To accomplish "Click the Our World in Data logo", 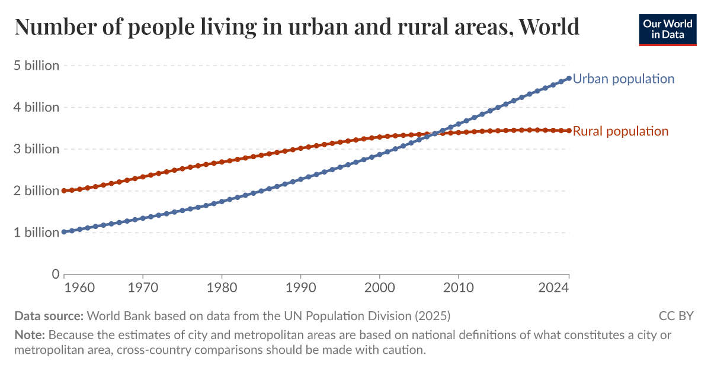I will click(x=667, y=29).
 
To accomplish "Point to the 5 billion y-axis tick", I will click(x=37, y=66).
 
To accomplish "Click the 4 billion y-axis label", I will click(x=37, y=108).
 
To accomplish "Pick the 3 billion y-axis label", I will click(x=37, y=149).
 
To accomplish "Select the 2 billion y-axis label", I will click(x=37, y=191).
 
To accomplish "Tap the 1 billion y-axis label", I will click(x=37, y=233).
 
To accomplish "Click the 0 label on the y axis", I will click(x=56, y=274).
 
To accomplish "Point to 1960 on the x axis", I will click(x=79, y=288).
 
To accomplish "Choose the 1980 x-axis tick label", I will click(x=222, y=288).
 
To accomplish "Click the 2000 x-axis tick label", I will click(x=379, y=288).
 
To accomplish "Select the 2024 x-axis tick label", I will click(x=555, y=288).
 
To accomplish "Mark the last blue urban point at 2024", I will click(x=569, y=78).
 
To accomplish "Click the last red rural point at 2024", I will click(x=569, y=131).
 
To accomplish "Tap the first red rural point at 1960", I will click(x=64, y=191).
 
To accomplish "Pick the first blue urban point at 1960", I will click(x=64, y=232).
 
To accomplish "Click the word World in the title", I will click(x=548, y=27).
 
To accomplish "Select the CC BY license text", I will click(x=675, y=315).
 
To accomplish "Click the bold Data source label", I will click(x=50, y=315).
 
